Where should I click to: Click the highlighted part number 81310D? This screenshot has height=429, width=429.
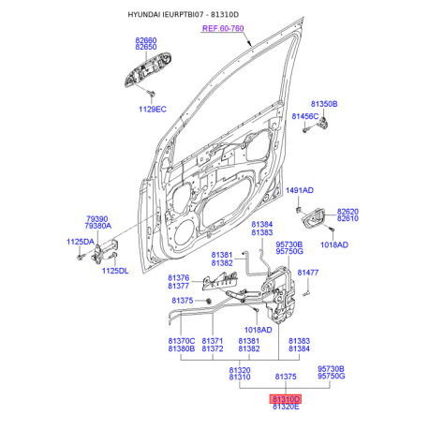(x=286, y=399)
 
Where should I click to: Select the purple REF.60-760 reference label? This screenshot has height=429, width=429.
(x=223, y=28)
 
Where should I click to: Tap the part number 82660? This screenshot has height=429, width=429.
(x=146, y=40)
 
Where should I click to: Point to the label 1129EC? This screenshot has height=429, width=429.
(x=153, y=110)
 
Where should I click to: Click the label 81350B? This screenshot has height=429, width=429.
(x=324, y=104)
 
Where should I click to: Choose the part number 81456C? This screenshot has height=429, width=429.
(x=305, y=116)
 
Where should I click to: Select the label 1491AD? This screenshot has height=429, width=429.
(x=300, y=190)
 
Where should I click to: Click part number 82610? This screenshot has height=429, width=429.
(x=348, y=218)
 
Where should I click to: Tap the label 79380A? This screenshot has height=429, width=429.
(x=98, y=226)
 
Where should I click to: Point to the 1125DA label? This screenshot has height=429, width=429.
(x=81, y=242)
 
